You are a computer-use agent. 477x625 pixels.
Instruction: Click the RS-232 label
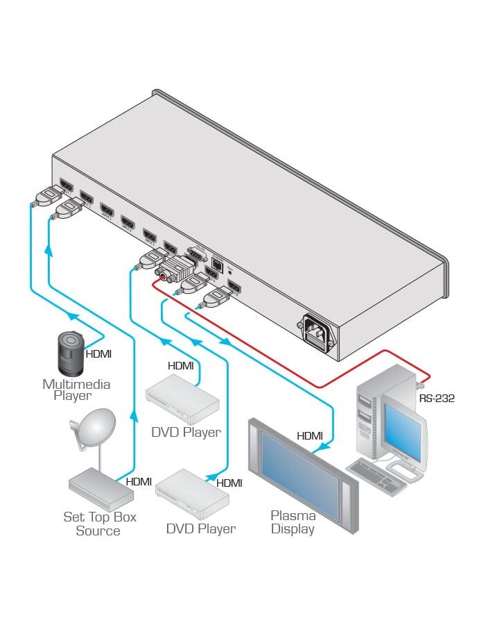(x=436, y=399)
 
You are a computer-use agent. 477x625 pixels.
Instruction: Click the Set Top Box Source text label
(x=100, y=524)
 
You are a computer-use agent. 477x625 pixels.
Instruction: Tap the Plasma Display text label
(x=293, y=522)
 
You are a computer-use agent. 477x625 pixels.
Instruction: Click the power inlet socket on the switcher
(x=318, y=331)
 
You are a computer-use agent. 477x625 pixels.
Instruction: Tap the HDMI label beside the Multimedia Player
(x=98, y=353)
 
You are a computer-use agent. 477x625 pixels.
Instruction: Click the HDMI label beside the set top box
(x=139, y=481)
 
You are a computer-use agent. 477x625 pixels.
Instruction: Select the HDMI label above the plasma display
(x=310, y=436)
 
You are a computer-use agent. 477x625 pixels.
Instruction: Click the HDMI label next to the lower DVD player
(x=229, y=483)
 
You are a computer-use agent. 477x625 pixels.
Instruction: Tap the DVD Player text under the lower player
(x=200, y=528)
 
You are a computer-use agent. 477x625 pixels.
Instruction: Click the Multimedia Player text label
(x=76, y=390)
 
